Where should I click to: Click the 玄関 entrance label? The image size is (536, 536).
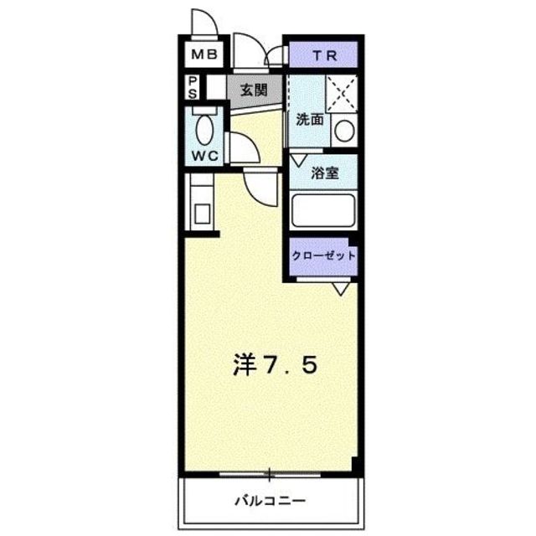(253, 88)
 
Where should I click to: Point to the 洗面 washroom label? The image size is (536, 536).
(308, 120)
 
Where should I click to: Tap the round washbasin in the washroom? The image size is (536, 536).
(344, 130)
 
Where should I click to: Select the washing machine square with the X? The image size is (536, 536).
(341, 93)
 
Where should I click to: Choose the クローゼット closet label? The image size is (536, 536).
(324, 255)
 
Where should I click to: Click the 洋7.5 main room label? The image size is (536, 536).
(274, 365)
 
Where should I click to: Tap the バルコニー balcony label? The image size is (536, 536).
(270, 502)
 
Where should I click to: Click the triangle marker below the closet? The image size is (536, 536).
(340, 289)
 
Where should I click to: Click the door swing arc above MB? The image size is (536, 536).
(203, 23)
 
